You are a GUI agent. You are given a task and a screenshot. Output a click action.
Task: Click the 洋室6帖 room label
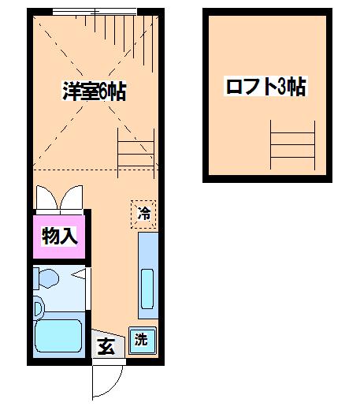click(x=95, y=91)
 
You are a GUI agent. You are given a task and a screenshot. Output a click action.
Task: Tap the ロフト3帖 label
click(x=265, y=86)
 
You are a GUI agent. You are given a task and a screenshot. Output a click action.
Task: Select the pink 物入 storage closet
click(x=59, y=237)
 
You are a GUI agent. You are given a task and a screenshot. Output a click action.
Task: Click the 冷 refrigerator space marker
click(x=143, y=214)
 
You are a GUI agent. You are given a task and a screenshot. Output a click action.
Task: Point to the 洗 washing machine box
click(x=142, y=341)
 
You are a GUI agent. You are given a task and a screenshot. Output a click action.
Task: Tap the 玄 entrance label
click(x=106, y=346)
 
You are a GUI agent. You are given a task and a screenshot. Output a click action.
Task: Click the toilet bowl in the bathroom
click(x=49, y=278)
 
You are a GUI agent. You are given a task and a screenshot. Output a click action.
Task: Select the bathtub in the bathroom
click(x=58, y=335)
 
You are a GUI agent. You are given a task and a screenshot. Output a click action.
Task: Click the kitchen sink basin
click(x=147, y=289)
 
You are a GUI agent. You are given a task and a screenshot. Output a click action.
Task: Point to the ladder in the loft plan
click(x=292, y=145)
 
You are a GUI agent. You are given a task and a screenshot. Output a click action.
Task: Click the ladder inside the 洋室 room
click(x=135, y=154)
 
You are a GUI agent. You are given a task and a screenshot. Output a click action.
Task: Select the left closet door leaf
click(x=46, y=197)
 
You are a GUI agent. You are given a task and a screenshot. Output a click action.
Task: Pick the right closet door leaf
click(x=72, y=197)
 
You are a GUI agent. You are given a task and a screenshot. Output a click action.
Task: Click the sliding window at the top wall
click(x=95, y=12)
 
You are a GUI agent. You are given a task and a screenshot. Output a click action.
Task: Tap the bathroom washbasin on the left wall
click(x=39, y=307)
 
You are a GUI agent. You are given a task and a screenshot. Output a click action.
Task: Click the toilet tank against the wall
click(x=36, y=278)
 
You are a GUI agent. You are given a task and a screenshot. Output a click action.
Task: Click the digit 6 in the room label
click(x=103, y=91)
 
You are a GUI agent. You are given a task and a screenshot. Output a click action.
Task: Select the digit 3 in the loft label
click(x=281, y=86)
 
